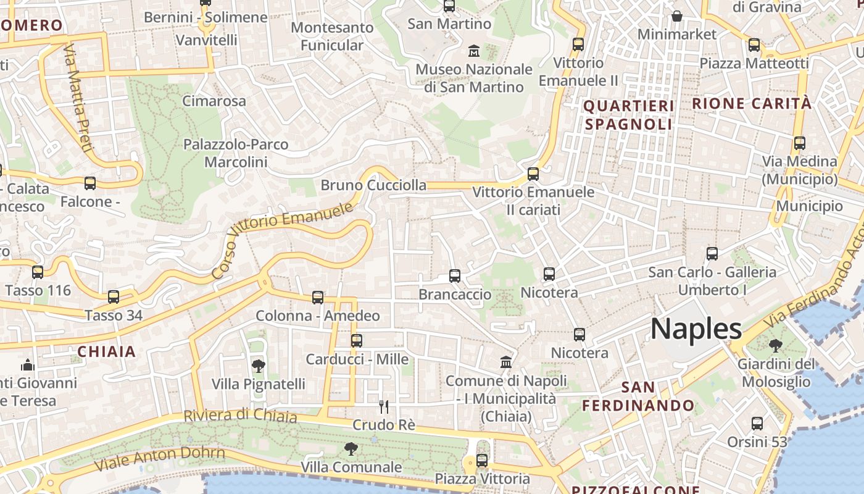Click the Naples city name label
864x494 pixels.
pos(696,329)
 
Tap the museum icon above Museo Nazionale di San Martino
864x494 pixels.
pos(474,51)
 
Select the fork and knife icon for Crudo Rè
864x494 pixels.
pos(383,406)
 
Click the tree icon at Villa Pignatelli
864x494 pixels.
pos(259,366)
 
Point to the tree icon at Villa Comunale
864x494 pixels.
pos(351,449)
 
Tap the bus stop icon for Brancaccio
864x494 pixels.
pos(455,276)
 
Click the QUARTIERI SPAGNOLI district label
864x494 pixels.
pos(629,115)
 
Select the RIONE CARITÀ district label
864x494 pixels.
pos(752,104)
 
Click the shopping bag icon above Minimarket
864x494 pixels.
pos(677,16)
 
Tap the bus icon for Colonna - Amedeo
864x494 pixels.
pos(318,298)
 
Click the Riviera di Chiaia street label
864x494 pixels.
pos(240,415)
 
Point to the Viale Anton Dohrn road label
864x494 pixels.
pos(159,458)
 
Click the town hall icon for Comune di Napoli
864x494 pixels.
pos(506,362)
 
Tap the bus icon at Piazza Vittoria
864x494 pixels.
pos(482,460)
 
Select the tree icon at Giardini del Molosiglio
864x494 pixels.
pos(775,346)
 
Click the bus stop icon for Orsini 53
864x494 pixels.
pos(757,424)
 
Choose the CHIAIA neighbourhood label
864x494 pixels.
pos(106,351)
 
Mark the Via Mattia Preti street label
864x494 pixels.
pos(78,98)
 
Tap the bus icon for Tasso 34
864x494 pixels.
pos(114,297)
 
